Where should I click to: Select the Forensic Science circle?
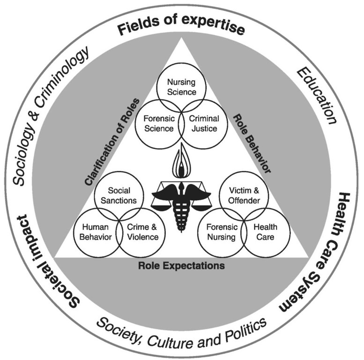point(155,122)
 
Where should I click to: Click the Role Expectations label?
point(182,265)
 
